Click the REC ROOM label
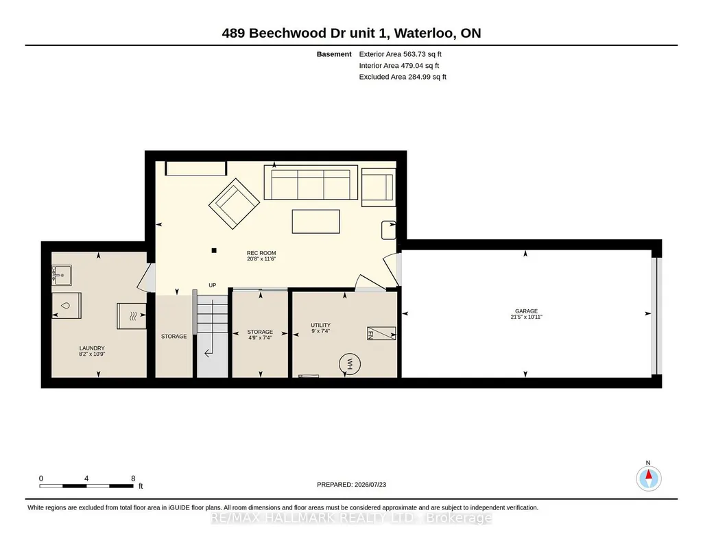pyautogui.click(x=261, y=253)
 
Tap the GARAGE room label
pyautogui.click(x=526, y=311)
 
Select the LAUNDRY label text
pyautogui.click(x=92, y=348)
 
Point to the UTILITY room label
pyautogui.click(x=320, y=325)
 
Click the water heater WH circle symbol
pyautogui.click(x=350, y=364)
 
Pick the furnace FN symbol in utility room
pyautogui.click(x=381, y=333)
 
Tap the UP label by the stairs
pyautogui.click(x=213, y=285)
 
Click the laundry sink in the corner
pyautogui.click(x=62, y=275)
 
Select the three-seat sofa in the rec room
pyautogui.click(x=311, y=182)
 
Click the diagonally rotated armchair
pyautogui.click(x=234, y=204)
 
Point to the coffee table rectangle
pyautogui.click(x=315, y=221)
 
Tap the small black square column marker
pyautogui.click(x=214, y=250)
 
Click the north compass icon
pyautogui.click(x=648, y=479)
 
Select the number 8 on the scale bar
pyautogui.click(x=133, y=479)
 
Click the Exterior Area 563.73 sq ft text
pyautogui.click(x=401, y=54)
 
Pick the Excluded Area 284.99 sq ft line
pyautogui.click(x=403, y=77)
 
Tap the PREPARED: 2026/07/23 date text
pyautogui.click(x=351, y=484)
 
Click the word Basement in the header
pyautogui.click(x=334, y=54)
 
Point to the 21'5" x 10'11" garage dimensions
pyautogui.click(x=526, y=317)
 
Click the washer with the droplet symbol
pyautogui.click(x=67, y=306)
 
